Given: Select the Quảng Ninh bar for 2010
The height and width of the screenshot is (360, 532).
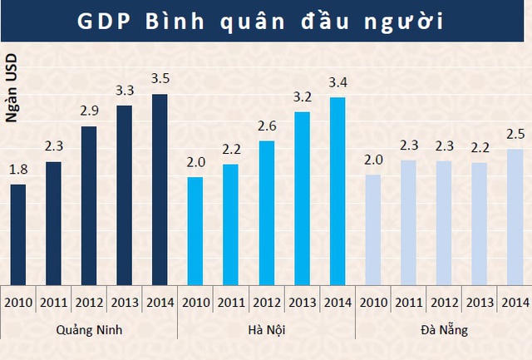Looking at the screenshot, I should [18, 234].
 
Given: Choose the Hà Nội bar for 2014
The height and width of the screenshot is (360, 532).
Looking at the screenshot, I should [337, 192].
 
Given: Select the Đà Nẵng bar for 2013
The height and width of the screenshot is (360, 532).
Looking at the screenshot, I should [480, 224].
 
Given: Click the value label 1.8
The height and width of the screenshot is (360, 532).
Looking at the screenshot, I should [18, 170].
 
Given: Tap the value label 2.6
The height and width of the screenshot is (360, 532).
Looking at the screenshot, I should [266, 127].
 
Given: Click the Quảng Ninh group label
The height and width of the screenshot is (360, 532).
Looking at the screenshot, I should [89, 330].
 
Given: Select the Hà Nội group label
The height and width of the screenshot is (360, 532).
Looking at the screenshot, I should [266, 330].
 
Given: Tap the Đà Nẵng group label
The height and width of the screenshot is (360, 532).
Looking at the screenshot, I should [444, 330].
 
